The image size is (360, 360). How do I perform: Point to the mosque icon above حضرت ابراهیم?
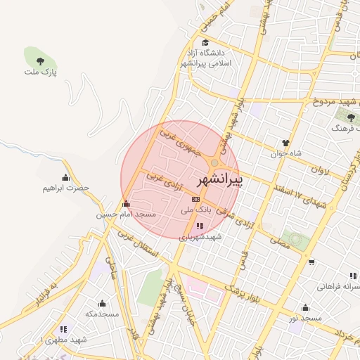click(x=66, y=176)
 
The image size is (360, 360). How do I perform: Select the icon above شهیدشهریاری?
click(x=200, y=226)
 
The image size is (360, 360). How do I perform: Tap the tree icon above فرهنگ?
click(x=351, y=117)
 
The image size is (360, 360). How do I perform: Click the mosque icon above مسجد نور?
click(x=304, y=307)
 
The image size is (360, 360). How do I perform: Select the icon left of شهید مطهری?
click(x=63, y=329)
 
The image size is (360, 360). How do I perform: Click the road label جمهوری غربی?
click(x=181, y=141)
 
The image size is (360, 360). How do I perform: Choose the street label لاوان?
click(x=318, y=169)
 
